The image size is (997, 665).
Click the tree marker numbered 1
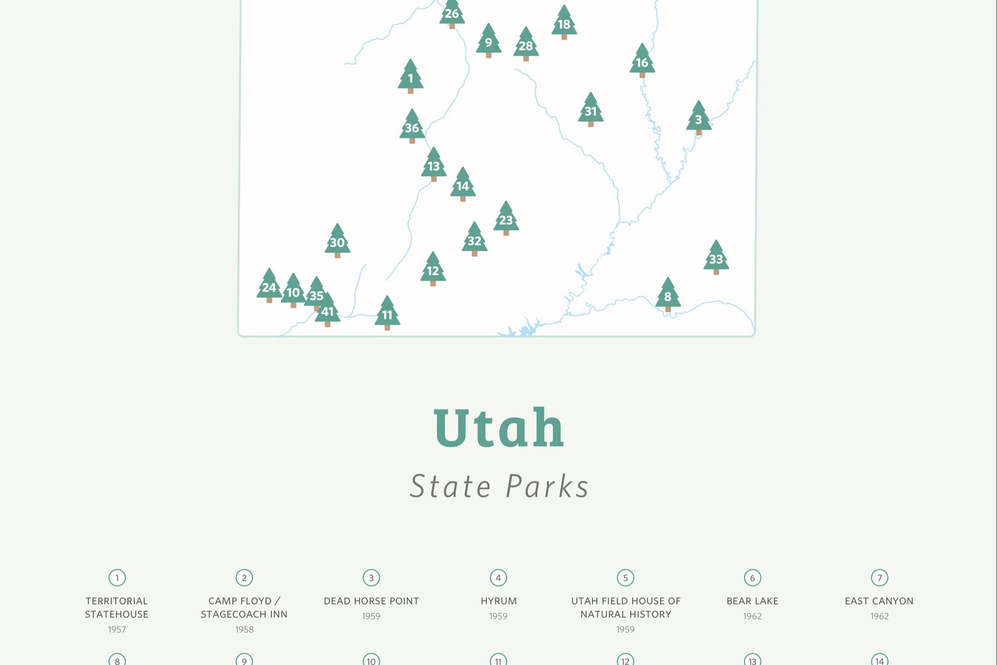[411, 77]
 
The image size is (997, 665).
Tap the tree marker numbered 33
[716, 257]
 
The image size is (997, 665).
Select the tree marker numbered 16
[642, 62]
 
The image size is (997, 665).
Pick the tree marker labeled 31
[590, 111]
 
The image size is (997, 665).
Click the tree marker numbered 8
[667, 295]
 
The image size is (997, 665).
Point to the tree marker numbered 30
[337, 241]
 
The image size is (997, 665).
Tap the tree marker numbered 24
[269, 286]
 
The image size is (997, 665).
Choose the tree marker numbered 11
[387, 313]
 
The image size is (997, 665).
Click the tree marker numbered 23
[505, 219]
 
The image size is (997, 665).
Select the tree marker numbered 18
[564, 23]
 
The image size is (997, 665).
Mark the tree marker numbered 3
[698, 119]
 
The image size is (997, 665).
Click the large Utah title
[498, 428]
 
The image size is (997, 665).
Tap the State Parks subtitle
[499, 486]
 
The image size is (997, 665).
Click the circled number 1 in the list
[117, 578]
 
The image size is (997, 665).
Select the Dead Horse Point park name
[371, 601]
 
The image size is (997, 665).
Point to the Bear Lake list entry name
[752, 601]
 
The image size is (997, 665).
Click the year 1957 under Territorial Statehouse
[117, 629]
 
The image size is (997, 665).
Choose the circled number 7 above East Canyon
[879, 578]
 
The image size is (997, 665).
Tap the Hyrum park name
[498, 601]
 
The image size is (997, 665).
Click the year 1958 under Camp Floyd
[244, 629]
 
